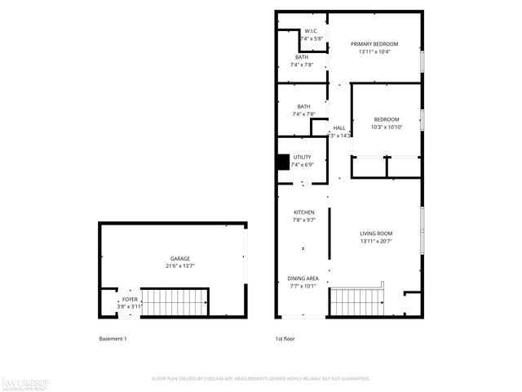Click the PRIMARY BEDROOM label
pos(374,43)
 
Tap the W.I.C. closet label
pos(311,30)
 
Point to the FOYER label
pos(130,300)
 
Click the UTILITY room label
pos(303,156)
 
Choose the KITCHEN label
pos(304,212)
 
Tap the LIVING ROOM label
pos(377,234)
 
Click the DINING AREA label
pos(303,278)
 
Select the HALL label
pos(339,128)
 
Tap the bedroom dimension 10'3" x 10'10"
pos(387,127)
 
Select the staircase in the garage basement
pos(176,302)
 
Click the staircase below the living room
pos(356,301)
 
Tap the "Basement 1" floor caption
pos(113,339)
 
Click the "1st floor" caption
pos(285,339)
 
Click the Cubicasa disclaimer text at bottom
pos(261,379)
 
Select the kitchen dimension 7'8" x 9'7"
pos(304,220)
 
